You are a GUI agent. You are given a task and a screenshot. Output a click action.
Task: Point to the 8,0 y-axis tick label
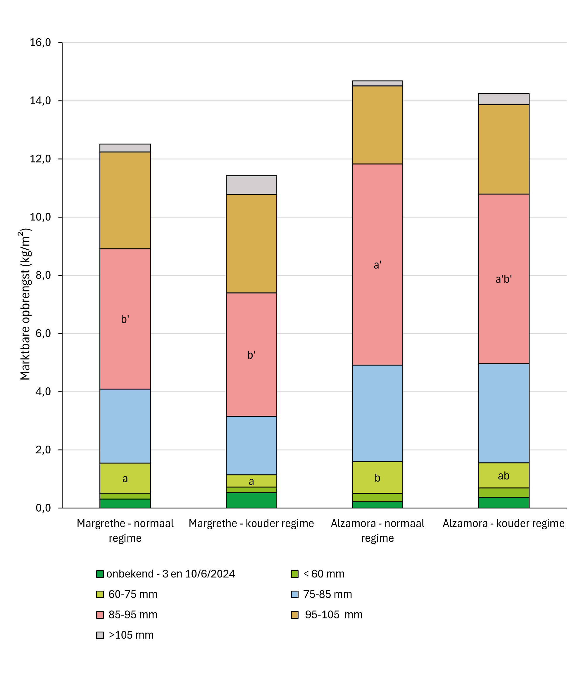pos(43,275)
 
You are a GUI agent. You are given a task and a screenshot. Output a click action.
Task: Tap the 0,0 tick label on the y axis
pos(43,508)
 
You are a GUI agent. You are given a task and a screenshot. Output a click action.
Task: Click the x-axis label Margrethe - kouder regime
pos(251,523)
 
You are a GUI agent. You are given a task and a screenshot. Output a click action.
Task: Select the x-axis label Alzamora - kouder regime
pos(504,523)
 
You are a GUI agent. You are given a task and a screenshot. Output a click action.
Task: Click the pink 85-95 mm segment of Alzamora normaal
pos(377,296)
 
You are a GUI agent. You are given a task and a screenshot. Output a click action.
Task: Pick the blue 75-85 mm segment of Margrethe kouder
pos(251,445)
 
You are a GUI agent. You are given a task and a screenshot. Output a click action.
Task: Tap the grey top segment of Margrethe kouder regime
pos(251,185)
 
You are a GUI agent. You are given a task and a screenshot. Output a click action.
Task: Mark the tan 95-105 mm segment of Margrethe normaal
pos(125,200)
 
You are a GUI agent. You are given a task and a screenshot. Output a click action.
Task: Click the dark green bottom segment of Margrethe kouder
pos(251,500)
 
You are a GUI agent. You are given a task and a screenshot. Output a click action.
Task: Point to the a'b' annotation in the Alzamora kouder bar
pos(504,279)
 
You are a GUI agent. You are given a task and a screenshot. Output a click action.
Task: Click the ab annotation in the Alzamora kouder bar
pos(504,476)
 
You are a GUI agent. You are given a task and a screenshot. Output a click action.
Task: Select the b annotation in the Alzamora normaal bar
pos(377,478)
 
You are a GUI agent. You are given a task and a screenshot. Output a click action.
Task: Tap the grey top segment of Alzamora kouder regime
pos(504,99)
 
